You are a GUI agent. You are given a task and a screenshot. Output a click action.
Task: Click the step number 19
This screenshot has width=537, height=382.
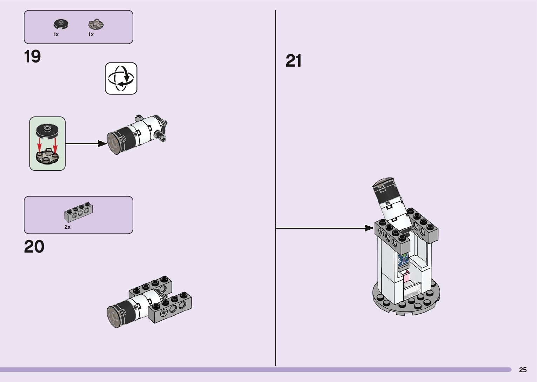[x=32, y=57]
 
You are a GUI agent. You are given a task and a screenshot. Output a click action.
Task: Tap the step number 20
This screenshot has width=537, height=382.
[x=34, y=247]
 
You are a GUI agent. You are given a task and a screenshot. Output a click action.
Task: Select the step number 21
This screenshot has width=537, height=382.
[x=294, y=61]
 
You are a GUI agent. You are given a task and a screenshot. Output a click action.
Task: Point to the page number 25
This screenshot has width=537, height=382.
[x=523, y=370]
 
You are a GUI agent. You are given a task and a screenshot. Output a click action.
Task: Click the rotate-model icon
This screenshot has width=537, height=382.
[x=121, y=79]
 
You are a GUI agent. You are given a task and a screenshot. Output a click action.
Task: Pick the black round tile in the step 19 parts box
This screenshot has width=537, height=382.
[x=61, y=24]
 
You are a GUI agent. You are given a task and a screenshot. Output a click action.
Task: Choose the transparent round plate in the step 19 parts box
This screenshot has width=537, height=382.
[x=96, y=25]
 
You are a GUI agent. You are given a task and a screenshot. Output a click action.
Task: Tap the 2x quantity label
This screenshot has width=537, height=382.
[x=67, y=227]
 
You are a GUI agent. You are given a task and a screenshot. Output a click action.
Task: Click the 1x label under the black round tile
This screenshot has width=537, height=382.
[x=56, y=34]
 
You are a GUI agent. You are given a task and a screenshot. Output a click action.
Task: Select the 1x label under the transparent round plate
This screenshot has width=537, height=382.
[x=91, y=34]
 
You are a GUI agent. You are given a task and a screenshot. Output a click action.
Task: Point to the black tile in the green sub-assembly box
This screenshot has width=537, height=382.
[x=48, y=130]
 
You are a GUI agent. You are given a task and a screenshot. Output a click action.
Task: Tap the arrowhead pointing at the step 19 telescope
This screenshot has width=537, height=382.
[x=102, y=143]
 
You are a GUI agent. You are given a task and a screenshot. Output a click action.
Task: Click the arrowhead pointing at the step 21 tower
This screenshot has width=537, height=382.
[x=370, y=228]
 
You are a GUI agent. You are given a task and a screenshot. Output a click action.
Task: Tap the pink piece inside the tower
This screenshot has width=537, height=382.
[x=406, y=277]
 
